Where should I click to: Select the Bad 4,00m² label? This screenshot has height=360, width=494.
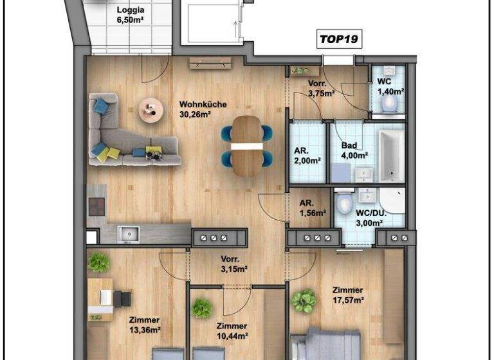(x=354, y=150)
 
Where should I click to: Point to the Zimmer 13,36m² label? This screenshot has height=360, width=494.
(x=144, y=325)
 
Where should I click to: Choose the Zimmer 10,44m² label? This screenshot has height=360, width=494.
(x=232, y=330)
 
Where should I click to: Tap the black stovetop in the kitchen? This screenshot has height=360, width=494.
(x=96, y=206)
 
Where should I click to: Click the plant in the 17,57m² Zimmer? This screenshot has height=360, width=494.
(x=303, y=301)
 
